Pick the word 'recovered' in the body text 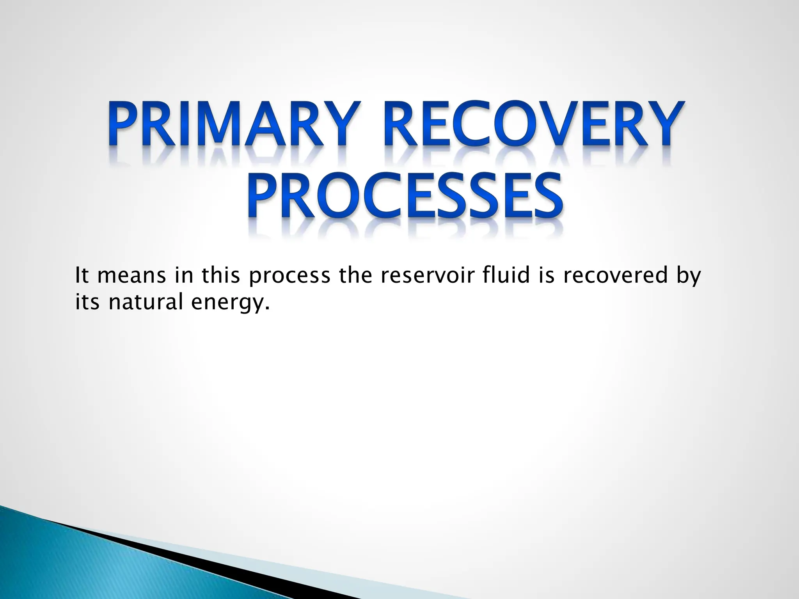coord(612,275)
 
